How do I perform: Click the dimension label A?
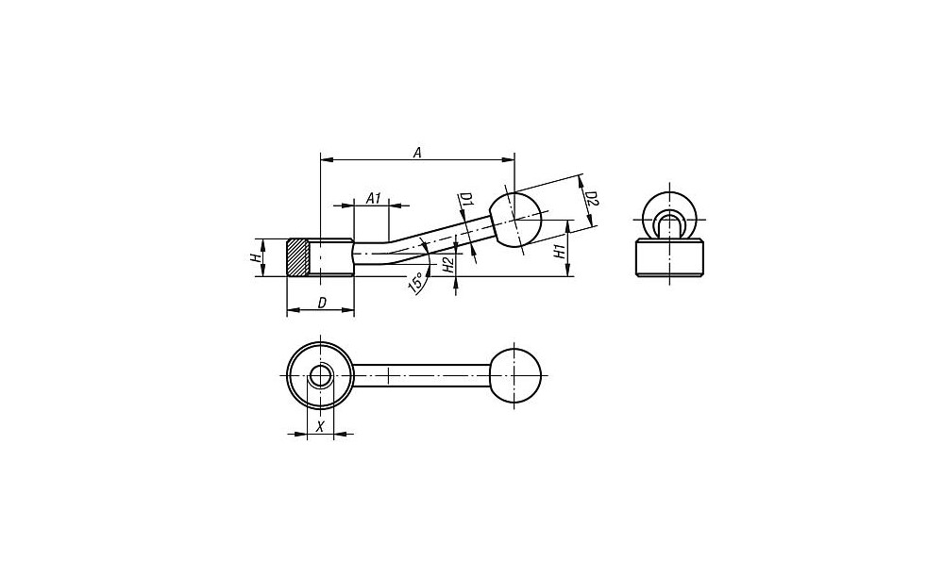[416, 153]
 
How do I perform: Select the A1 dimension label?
[374, 198]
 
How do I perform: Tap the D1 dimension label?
[466, 200]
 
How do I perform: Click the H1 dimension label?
[559, 252]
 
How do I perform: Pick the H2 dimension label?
[447, 265]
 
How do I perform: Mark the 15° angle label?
[414, 283]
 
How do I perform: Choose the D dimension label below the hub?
[322, 303]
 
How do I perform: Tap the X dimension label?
[321, 427]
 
